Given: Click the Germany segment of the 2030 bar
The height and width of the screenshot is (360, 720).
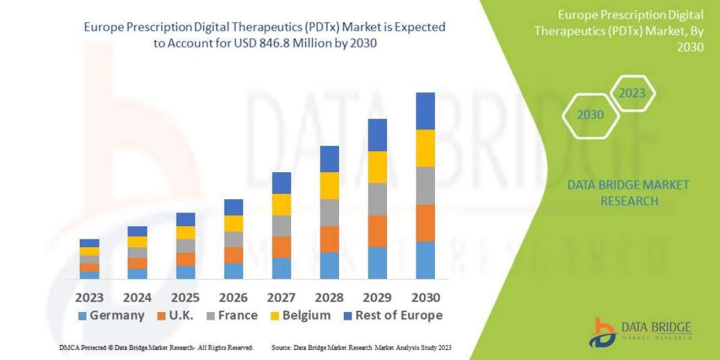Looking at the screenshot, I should coord(425,260).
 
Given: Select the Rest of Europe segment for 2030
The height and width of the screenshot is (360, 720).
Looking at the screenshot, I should coord(425,111).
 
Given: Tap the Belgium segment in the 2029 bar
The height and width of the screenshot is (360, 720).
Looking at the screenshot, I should coord(377,167).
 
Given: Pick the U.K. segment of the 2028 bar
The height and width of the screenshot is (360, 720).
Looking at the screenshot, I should coord(329,239).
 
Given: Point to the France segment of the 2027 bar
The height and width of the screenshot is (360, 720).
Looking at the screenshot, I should coord(281,226).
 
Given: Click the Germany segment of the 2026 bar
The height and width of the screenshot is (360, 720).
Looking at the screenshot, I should coord(233,271).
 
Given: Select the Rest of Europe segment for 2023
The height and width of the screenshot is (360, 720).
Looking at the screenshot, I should coord(89,243).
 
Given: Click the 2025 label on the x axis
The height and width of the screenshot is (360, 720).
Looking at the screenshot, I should coord(185,298).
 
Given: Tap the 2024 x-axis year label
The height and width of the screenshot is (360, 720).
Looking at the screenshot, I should coord(137,298).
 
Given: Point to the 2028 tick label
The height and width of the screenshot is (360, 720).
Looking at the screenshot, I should coord(329,298).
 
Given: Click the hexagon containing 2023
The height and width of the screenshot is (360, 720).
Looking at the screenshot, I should coord(632,93).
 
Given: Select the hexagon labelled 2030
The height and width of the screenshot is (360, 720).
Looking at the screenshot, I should coord(590,115).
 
